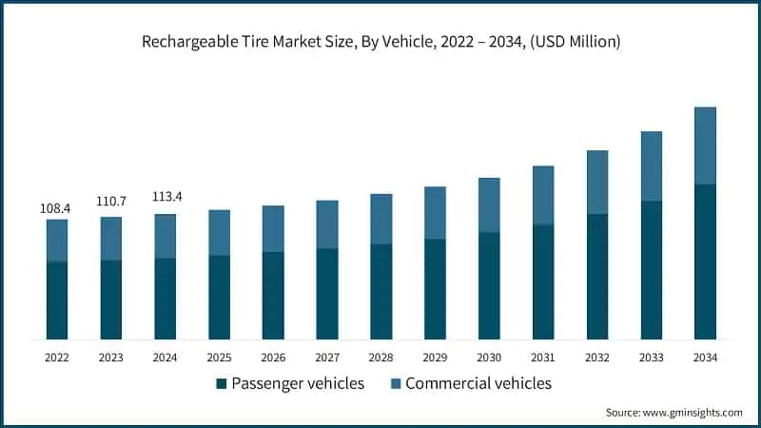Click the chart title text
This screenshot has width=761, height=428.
pyautogui.click(x=380, y=43)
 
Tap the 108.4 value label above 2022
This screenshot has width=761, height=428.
pyautogui.click(x=57, y=206)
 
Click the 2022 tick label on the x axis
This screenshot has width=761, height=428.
pyautogui.click(x=57, y=358)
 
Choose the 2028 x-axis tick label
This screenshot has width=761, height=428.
pyautogui.click(x=380, y=358)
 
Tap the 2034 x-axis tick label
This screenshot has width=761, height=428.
pyautogui.click(x=705, y=358)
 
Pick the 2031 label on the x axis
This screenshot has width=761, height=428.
pyautogui.click(x=543, y=358)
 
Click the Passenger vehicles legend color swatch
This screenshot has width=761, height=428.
pyautogui.click(x=222, y=384)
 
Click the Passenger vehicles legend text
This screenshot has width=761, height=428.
pyautogui.click(x=297, y=384)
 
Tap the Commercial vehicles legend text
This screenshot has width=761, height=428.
pyautogui.click(x=478, y=384)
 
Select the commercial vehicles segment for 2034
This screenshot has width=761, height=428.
pyautogui.click(x=705, y=146)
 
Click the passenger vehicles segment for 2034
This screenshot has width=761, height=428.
pyautogui.click(x=705, y=262)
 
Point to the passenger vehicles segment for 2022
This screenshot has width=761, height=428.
pyautogui.click(x=57, y=301)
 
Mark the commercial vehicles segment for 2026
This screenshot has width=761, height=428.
pyautogui.click(x=273, y=228)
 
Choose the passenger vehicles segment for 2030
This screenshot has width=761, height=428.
pyautogui.click(x=489, y=285)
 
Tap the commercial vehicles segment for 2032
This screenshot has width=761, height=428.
pyautogui.click(x=597, y=183)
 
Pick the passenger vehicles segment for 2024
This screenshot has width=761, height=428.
pyautogui.click(x=166, y=299)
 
